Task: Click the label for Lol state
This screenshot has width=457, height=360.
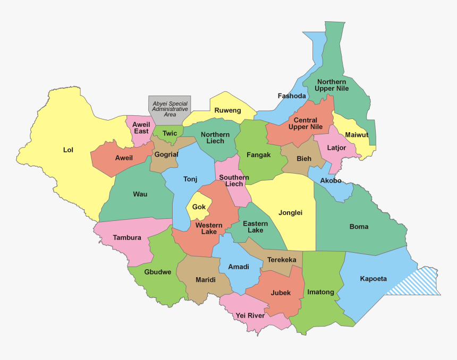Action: [x=68, y=150]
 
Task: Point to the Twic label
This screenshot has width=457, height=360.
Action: [x=170, y=133]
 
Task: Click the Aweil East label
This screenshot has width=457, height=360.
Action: [x=141, y=127]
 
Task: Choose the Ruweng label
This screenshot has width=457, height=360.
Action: [x=227, y=110]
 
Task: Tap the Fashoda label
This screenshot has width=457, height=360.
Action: [x=292, y=96]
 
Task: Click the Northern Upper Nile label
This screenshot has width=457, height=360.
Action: [x=332, y=85]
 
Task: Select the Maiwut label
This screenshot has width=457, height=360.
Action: [x=357, y=135]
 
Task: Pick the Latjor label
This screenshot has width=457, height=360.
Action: [x=337, y=148]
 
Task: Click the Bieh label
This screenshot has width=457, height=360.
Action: [x=304, y=158]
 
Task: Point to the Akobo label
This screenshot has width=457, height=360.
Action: [x=331, y=181]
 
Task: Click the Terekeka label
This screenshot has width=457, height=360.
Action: [x=282, y=260]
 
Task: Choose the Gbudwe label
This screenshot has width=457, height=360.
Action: [x=158, y=272]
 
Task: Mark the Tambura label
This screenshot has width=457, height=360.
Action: [x=127, y=237]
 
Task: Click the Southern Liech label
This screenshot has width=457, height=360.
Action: [x=234, y=181]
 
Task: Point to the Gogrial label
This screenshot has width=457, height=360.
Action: [x=166, y=154]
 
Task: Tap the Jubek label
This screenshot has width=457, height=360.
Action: [x=281, y=293]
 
